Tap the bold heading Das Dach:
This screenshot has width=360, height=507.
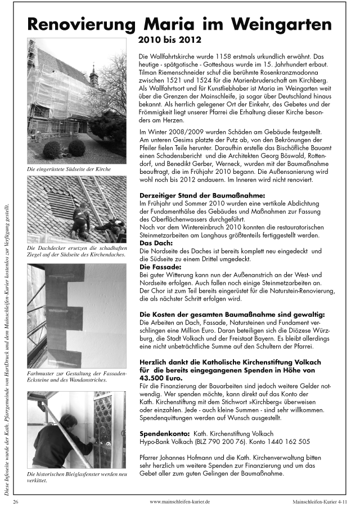tap(154, 243)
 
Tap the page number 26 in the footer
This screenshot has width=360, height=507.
tap(17, 500)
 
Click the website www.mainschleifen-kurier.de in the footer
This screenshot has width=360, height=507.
tap(179, 500)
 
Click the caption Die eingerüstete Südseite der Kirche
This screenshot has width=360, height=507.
tap(68, 168)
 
